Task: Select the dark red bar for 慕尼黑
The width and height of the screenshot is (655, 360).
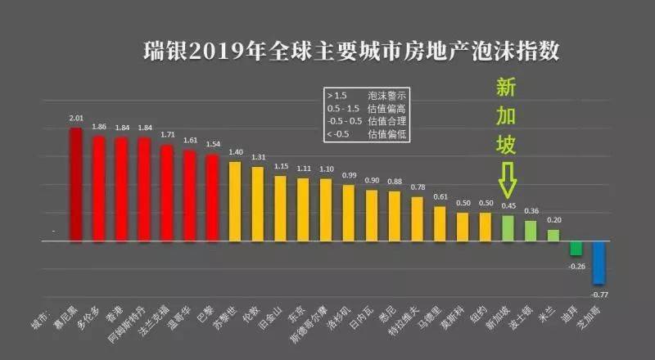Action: pos(75,185)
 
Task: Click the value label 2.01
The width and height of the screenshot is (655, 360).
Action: pos(76,119)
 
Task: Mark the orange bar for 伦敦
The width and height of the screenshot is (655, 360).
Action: pos(258,204)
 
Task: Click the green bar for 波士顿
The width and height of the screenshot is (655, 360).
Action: pos(531,231)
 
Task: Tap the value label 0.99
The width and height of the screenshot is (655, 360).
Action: pos(349,176)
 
